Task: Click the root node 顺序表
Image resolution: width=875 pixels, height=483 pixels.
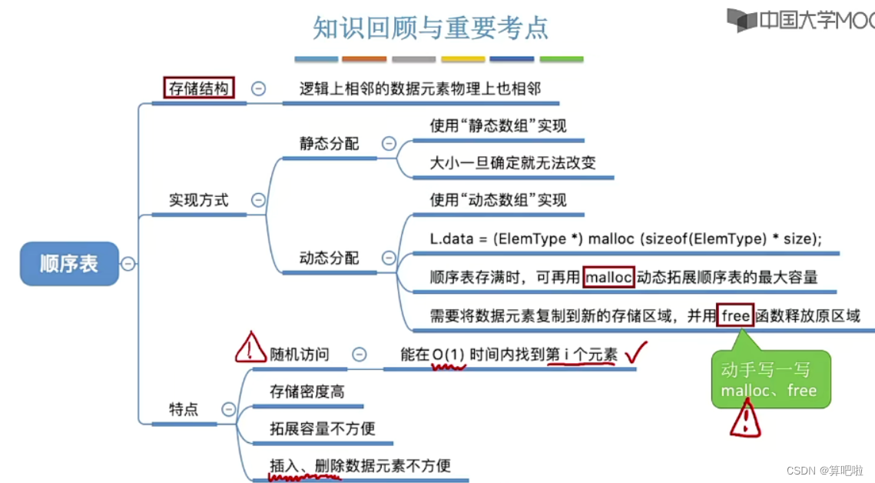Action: click(x=69, y=264)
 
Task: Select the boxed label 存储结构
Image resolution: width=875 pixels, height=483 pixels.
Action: click(x=199, y=88)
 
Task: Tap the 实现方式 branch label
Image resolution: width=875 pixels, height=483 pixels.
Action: click(x=199, y=200)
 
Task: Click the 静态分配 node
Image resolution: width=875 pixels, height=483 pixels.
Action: click(x=329, y=144)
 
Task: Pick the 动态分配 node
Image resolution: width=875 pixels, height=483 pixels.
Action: click(x=329, y=258)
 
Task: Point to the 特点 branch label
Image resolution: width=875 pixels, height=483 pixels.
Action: click(x=184, y=409)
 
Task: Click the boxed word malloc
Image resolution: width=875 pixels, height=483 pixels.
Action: click(x=608, y=278)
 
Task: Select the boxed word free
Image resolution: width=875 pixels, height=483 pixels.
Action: click(x=735, y=315)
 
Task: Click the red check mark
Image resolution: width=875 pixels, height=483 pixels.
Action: click(x=637, y=352)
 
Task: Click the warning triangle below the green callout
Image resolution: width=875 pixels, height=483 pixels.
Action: click(x=745, y=420)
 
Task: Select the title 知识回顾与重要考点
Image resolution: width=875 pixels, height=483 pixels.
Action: click(x=431, y=28)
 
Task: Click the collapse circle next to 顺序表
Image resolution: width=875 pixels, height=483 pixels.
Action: click(x=128, y=264)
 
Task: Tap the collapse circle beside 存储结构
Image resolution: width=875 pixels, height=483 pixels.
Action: click(x=259, y=88)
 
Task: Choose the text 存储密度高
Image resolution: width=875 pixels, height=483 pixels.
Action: click(x=307, y=391)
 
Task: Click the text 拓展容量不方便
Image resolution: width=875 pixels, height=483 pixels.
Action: click(x=322, y=428)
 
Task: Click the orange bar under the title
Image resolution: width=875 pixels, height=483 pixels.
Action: click(x=364, y=59)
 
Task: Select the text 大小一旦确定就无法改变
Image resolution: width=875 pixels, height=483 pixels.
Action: click(x=512, y=163)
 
